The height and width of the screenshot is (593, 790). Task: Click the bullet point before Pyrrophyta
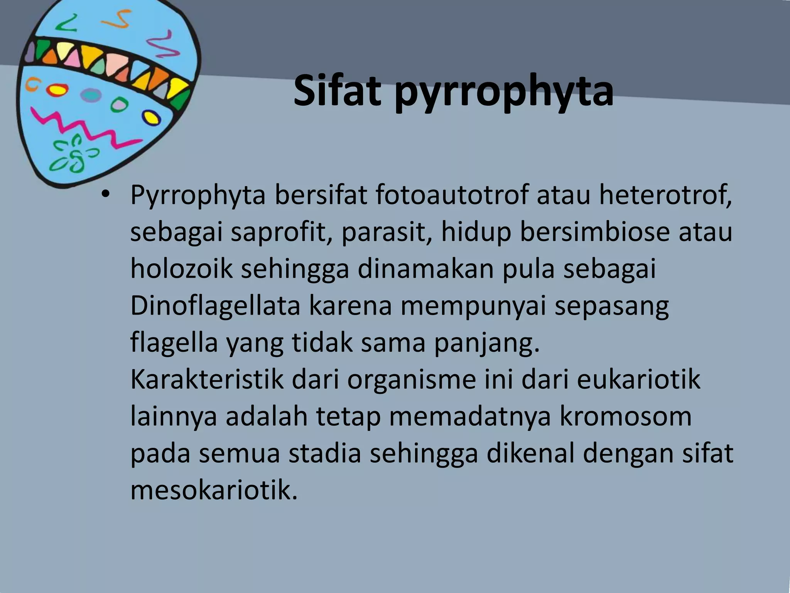click(x=104, y=196)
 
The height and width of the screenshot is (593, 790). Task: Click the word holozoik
click(x=181, y=269)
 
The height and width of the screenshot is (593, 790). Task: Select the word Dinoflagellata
click(x=215, y=306)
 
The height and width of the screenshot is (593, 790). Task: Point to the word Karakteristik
click(x=207, y=380)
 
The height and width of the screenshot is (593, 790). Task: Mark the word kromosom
click(x=625, y=417)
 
